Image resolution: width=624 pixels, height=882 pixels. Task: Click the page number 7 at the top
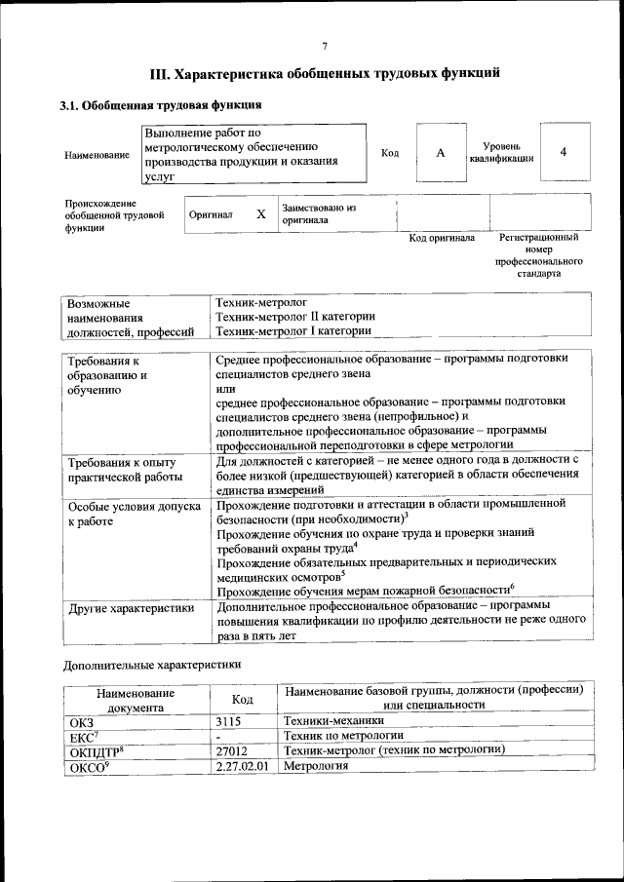pos(325,46)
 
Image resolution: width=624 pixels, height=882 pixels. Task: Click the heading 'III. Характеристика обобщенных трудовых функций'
pos(325,73)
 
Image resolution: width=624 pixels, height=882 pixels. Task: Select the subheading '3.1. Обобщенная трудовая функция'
pos(161,104)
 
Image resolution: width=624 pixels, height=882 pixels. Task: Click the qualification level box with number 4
pos(564,152)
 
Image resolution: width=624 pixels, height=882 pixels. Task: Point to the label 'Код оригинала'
pos(442,237)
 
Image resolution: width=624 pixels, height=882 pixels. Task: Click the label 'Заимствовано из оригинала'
pos(320,214)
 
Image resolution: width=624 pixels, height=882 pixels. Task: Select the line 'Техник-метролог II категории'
pos(294,317)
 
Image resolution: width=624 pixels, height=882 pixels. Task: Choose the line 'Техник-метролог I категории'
pos(292,331)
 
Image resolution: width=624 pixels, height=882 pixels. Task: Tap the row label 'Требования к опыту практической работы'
pos(124,469)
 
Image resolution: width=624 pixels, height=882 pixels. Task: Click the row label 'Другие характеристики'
pos(127,610)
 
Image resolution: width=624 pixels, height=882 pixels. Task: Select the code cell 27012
pos(232,750)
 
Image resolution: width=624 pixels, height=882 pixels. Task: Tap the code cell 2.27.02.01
pos(244,766)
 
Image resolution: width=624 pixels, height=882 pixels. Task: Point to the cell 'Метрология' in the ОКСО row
pos(315,766)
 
